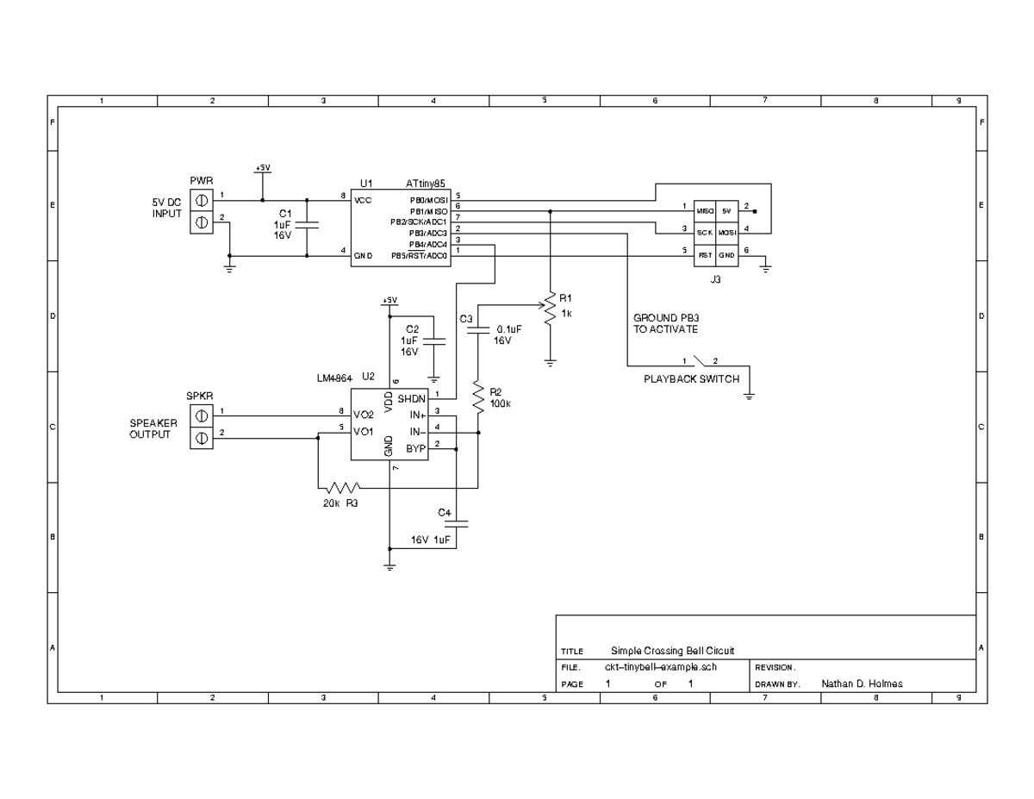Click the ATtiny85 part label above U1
426,184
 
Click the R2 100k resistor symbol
477,397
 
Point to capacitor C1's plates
307,225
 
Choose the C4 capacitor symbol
457,521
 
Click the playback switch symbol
701,362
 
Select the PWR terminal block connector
200,211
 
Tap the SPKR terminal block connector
200,427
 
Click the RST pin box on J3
704,254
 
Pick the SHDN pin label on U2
411,398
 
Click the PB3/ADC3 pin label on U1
428,233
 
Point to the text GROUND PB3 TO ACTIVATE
666,323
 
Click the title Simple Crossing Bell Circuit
672,651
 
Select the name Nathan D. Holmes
862,684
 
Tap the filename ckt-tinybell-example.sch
661,667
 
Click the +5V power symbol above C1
263,169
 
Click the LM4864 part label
335,378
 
